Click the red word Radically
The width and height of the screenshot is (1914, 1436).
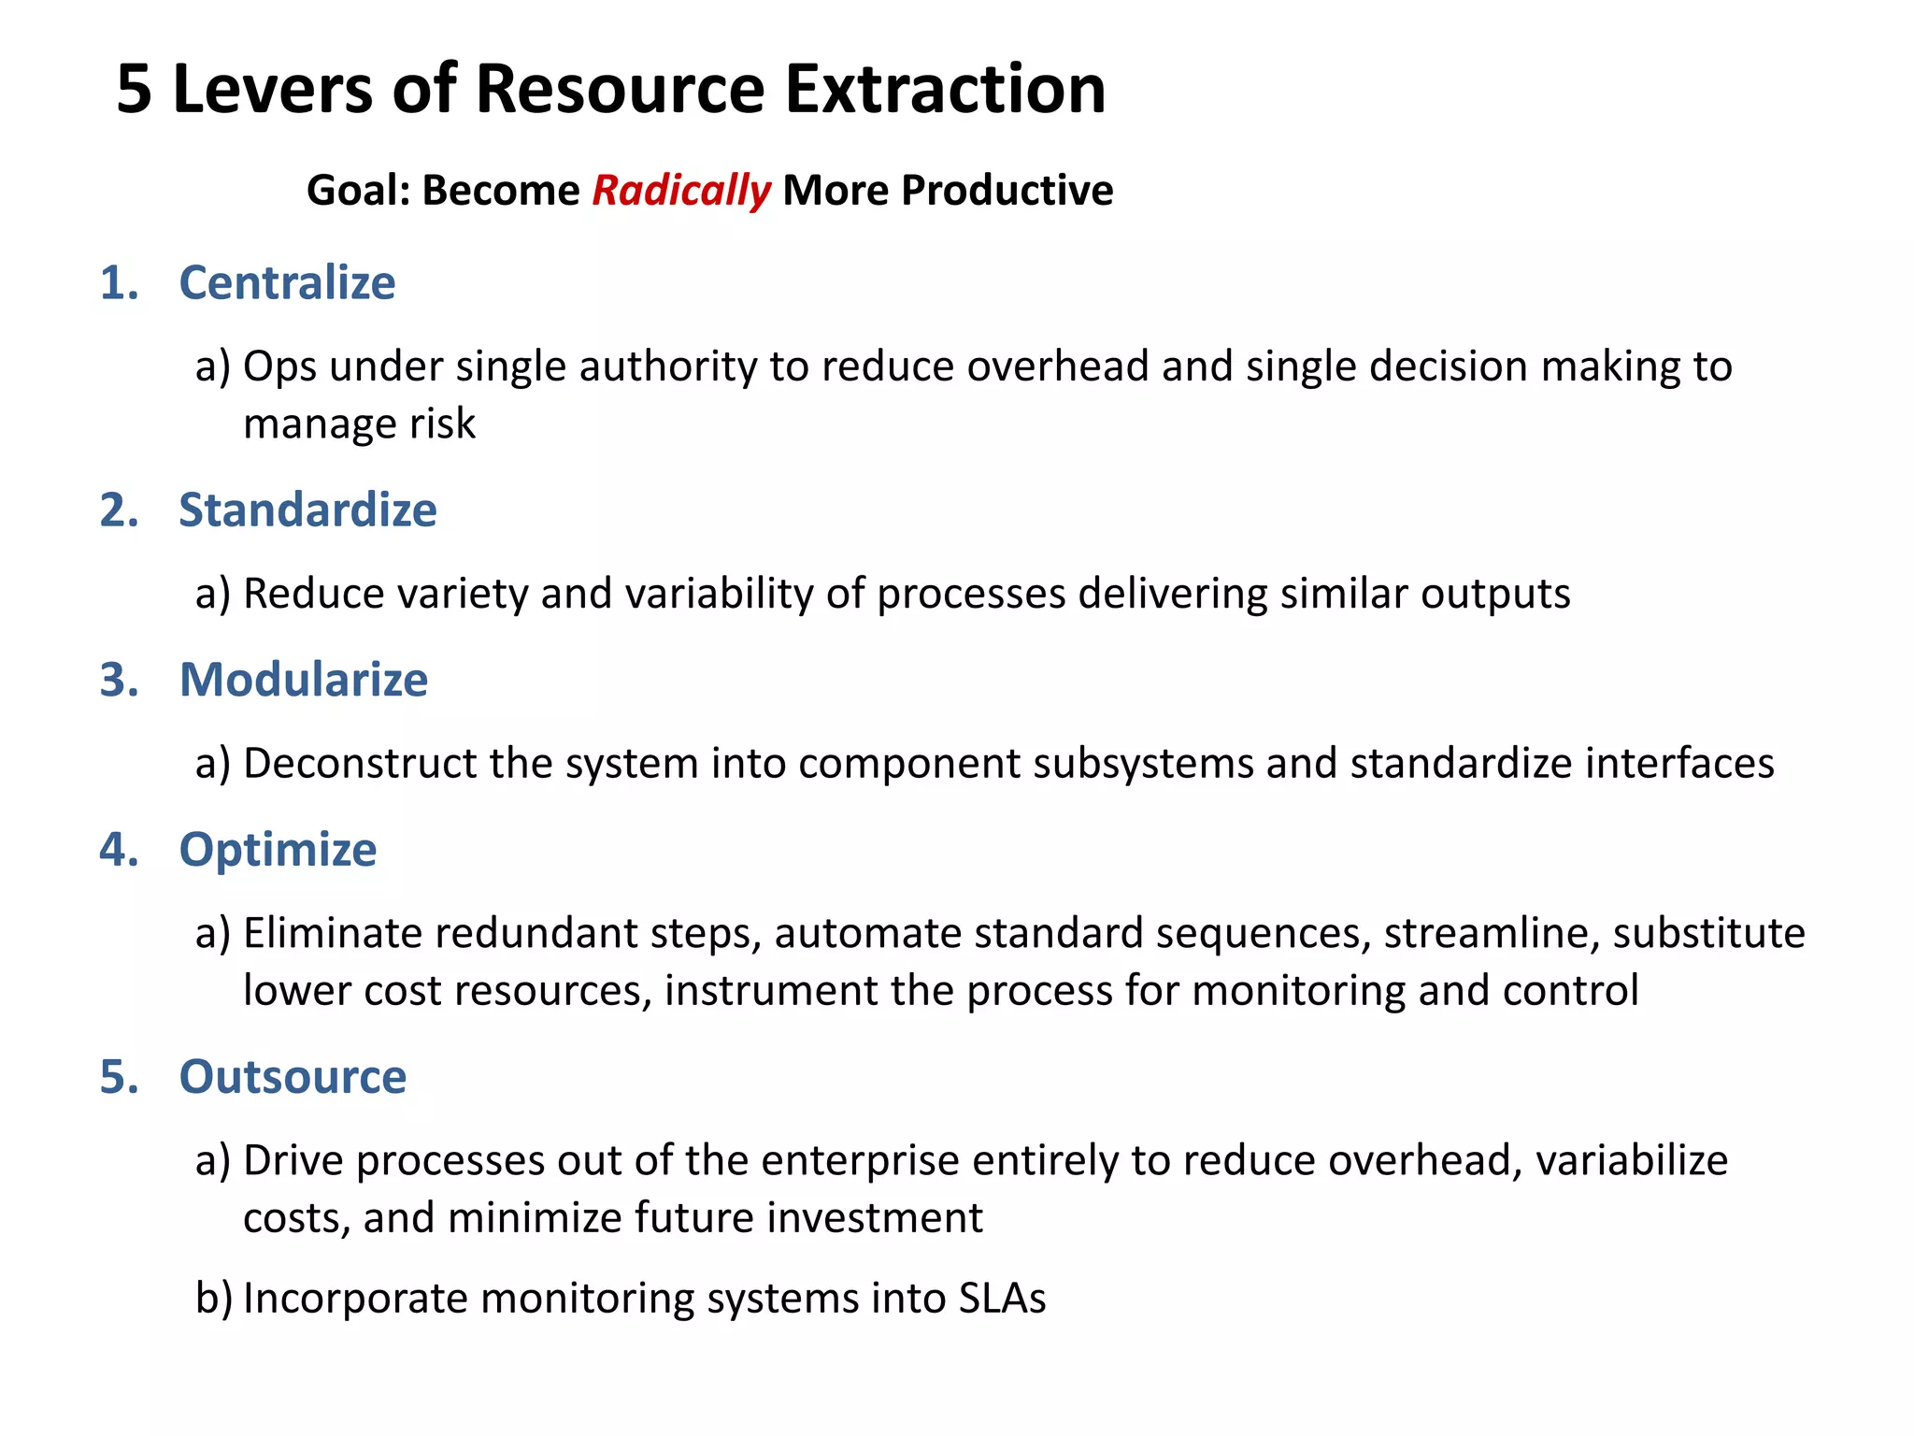(681, 191)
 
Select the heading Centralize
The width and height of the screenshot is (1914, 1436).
(287, 282)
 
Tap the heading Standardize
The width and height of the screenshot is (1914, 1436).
(307, 510)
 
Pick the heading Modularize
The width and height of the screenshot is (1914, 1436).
(304, 680)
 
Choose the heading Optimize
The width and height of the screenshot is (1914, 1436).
(278, 850)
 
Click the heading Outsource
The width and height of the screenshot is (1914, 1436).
(293, 1077)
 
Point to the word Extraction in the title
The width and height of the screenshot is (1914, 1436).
(945, 90)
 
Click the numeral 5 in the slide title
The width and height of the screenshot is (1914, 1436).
(135, 90)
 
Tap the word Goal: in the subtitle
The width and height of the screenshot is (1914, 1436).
(359, 191)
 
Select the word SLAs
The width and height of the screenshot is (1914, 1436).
(1002, 1299)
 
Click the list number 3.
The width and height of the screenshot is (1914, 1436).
(119, 680)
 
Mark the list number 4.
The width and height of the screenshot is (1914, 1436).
(119, 850)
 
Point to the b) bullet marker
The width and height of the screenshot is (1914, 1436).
(214, 1299)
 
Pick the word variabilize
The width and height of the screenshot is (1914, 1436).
(1632, 1161)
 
